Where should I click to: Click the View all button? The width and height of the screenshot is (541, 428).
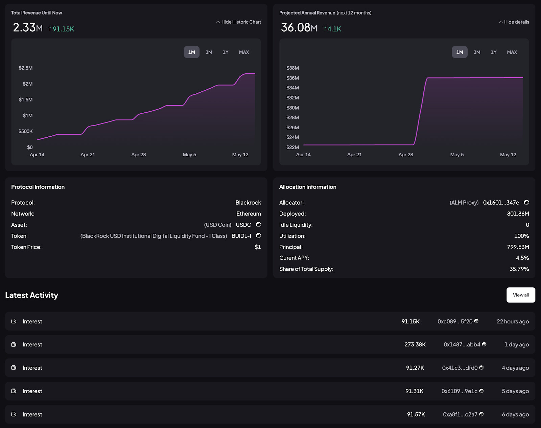[521, 295]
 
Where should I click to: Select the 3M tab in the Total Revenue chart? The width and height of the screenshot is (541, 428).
[209, 52]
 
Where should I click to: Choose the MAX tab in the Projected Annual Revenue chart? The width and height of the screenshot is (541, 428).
[512, 52]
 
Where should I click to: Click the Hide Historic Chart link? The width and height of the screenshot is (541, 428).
[241, 22]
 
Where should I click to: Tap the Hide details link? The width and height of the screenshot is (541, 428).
[516, 22]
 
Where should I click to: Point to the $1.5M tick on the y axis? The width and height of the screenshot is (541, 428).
[26, 99]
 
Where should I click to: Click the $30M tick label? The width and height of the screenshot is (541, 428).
[292, 108]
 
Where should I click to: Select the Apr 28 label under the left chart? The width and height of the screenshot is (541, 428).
[139, 155]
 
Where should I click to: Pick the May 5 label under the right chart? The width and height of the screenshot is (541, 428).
[457, 155]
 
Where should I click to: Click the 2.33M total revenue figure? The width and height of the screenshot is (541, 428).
[28, 27]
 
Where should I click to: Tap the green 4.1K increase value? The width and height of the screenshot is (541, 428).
[334, 29]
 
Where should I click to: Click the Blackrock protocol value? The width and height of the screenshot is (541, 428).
[248, 203]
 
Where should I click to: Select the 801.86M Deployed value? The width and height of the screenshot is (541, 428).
[518, 214]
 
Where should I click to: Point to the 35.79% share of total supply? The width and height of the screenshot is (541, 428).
[519, 269]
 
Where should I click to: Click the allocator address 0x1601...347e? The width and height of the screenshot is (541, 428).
[501, 203]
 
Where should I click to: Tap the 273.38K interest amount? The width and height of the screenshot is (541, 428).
[415, 345]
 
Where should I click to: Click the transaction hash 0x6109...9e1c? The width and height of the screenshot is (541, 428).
[459, 391]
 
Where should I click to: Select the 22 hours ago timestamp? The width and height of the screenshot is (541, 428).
[513, 321]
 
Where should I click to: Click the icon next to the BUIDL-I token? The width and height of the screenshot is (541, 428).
[258, 235]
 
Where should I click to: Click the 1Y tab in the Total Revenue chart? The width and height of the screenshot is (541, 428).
[226, 52]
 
